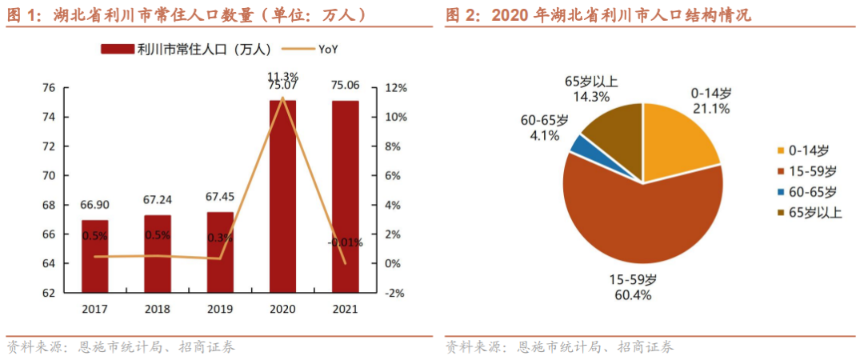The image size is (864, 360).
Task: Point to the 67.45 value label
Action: click(220, 198)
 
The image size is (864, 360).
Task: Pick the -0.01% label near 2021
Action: click(346, 242)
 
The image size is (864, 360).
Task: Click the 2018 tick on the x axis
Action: click(157, 309)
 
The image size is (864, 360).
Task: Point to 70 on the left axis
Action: click(49, 176)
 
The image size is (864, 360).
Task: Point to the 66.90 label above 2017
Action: click(94, 203)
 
